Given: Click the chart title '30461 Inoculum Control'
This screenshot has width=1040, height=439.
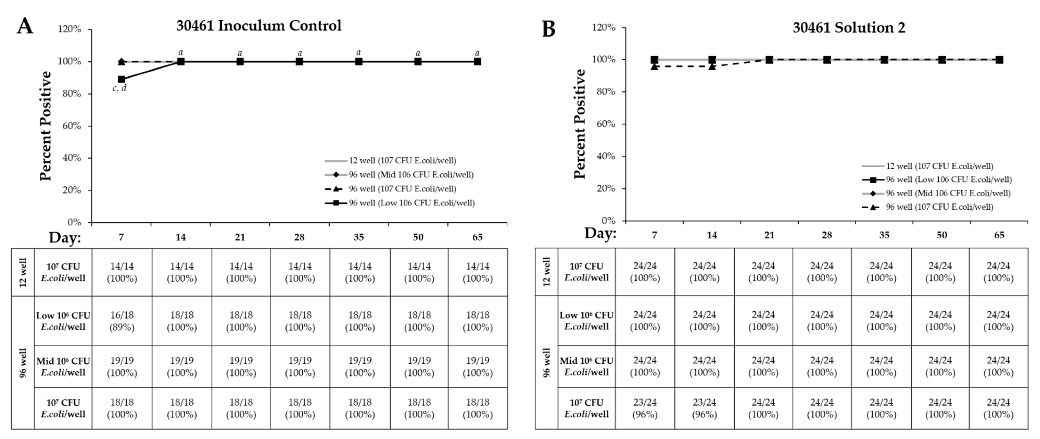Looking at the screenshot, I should pos(258,25).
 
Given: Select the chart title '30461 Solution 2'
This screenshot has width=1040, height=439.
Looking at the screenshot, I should pos(849,28).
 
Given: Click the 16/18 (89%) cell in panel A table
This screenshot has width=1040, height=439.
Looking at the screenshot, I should pos(122,321).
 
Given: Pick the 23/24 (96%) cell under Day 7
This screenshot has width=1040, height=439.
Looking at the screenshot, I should pos(645,408).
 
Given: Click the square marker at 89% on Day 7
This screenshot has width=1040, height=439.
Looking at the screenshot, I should pos(122,79).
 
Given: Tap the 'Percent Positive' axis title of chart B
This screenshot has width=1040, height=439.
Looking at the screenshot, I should pos(580,124).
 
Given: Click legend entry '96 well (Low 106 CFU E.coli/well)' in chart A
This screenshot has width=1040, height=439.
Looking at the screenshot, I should pos(411,203).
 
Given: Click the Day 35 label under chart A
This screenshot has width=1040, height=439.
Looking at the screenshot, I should pos(358,237).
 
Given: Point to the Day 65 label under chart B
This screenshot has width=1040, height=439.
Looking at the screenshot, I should pos(999,235).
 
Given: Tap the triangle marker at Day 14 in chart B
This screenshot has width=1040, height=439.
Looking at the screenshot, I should pos(712,66).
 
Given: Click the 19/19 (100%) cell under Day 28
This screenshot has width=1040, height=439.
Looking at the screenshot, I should pos(300,366).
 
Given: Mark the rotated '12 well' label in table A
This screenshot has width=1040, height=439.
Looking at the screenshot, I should pos(23,272).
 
